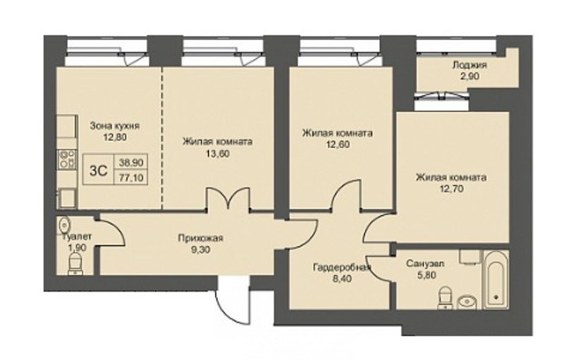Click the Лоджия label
[x=470, y=65]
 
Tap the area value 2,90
[x=470, y=76]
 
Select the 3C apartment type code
[x=98, y=170]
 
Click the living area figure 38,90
[x=131, y=163]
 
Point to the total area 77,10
[x=131, y=177]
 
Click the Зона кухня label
[x=115, y=125]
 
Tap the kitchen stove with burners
[x=68, y=159]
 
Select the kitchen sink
[x=67, y=197]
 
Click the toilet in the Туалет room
[x=75, y=263]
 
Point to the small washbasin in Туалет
[x=65, y=225]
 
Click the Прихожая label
[x=201, y=238]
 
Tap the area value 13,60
[x=216, y=154]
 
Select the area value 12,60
[x=337, y=144]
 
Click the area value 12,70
[x=450, y=188]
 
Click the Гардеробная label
[x=342, y=267]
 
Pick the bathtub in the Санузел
[x=496, y=280]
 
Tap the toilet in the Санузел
[x=446, y=297]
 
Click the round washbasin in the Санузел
[x=467, y=302]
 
